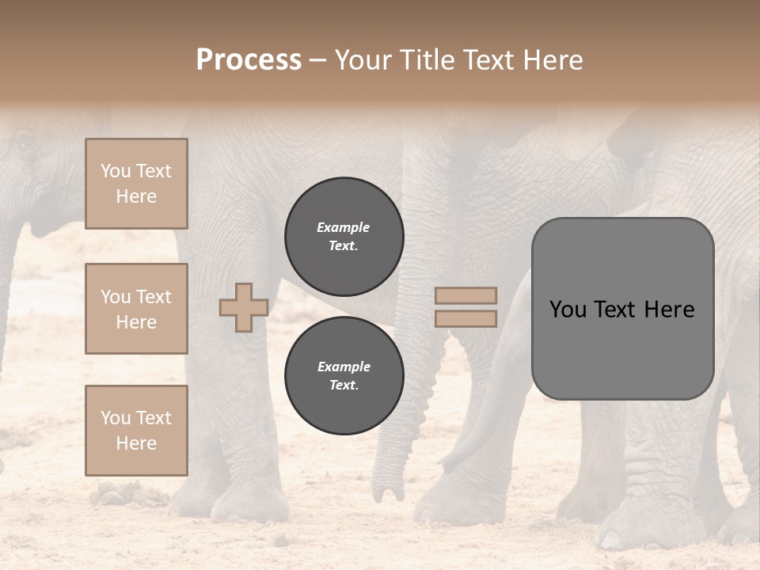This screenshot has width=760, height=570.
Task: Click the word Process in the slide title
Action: click(x=249, y=60)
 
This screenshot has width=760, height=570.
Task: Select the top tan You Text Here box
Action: click(x=136, y=184)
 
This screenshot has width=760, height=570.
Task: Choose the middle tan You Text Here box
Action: click(x=136, y=309)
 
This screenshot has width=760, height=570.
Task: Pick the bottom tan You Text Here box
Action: click(x=136, y=431)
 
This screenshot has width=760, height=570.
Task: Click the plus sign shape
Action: click(x=244, y=307)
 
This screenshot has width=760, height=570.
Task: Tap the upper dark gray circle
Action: click(x=344, y=236)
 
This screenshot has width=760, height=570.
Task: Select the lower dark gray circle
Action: click(x=344, y=375)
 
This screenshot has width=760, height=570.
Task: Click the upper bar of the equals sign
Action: click(x=466, y=296)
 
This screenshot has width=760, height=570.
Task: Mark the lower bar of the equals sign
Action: click(x=466, y=318)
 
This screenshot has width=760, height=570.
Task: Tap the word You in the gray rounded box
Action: click(x=568, y=310)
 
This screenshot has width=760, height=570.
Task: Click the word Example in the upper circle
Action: click(x=344, y=227)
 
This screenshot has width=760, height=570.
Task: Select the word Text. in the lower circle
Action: click(x=344, y=385)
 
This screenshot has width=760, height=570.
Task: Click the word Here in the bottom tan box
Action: click(x=136, y=443)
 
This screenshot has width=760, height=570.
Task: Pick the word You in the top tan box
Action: click(x=116, y=171)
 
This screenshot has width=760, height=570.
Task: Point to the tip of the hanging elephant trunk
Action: click(x=389, y=496)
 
